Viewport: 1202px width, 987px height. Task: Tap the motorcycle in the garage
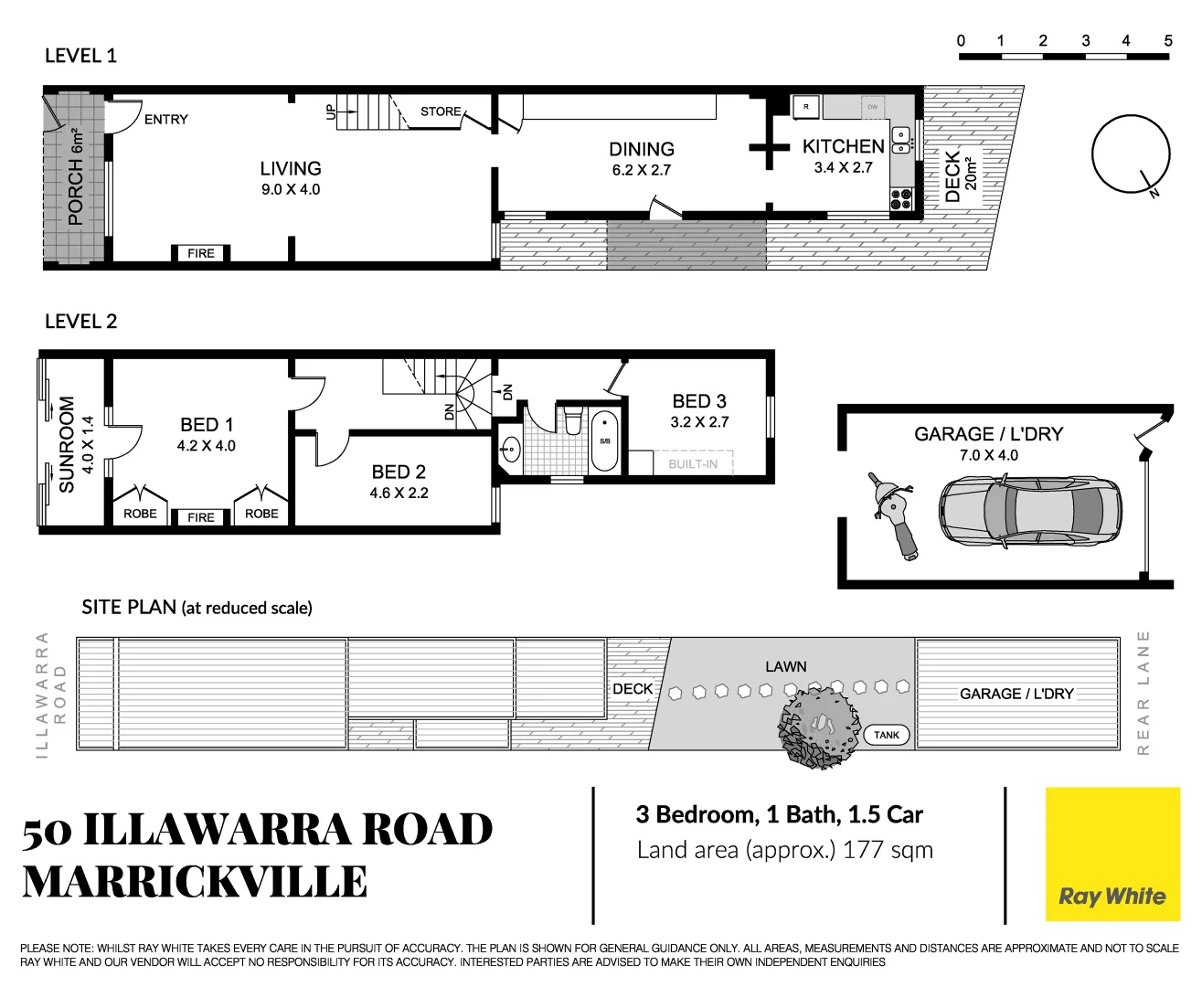(894, 515)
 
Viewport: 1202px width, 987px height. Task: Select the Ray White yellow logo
(1112, 854)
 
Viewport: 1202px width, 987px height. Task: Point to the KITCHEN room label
(843, 146)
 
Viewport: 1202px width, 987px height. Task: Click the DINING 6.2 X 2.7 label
(642, 158)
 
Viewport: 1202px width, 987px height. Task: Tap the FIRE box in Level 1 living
(201, 253)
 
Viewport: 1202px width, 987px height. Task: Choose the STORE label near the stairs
(441, 111)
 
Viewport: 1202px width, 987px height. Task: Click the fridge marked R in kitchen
(805, 107)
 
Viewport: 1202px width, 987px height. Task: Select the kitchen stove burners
(901, 198)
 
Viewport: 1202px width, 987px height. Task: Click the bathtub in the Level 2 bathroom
(604, 440)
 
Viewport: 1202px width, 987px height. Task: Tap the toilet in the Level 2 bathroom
(573, 419)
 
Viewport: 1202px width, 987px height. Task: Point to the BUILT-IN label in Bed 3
(693, 463)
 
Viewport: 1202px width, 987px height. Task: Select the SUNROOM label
(67, 444)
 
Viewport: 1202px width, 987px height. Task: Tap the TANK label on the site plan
(886, 735)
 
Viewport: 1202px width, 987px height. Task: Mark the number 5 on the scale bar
(1167, 40)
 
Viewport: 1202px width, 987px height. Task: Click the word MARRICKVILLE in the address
(195, 883)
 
